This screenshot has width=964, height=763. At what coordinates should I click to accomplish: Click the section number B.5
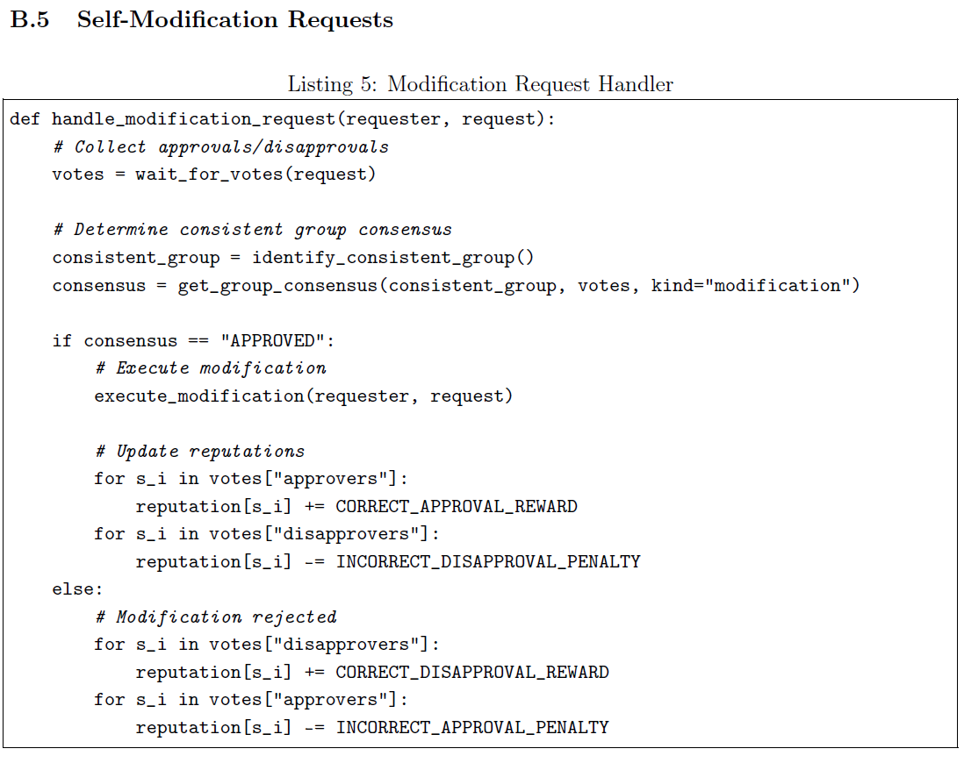pos(30,19)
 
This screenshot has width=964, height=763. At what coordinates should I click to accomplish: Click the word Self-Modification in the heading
pos(177,19)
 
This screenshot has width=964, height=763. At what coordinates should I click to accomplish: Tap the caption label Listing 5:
pos(333,83)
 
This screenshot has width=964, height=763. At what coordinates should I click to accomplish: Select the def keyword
pos(25,118)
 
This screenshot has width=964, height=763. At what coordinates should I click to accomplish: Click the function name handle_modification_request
pos(193,119)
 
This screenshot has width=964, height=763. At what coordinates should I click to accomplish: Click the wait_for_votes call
pos(255,175)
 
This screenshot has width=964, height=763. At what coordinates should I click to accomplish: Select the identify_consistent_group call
pos(392,258)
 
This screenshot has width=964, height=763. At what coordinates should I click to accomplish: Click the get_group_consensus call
pos(277,286)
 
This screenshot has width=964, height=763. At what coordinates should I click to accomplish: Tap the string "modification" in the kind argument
pos(777,285)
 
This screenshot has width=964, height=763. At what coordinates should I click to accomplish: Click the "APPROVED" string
pos(272,340)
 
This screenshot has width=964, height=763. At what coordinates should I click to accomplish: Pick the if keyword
pos(62,340)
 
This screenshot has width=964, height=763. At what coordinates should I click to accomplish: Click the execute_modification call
pos(199,396)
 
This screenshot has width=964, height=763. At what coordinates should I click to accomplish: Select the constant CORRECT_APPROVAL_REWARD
pos(457,507)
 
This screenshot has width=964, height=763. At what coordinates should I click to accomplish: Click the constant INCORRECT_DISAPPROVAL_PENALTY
pos(488,562)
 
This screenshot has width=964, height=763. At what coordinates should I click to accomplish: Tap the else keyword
pos(77,589)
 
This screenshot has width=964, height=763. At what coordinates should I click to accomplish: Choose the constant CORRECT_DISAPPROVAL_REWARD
pos(472,673)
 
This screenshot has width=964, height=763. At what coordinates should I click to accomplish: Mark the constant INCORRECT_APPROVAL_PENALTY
pos(472,728)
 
